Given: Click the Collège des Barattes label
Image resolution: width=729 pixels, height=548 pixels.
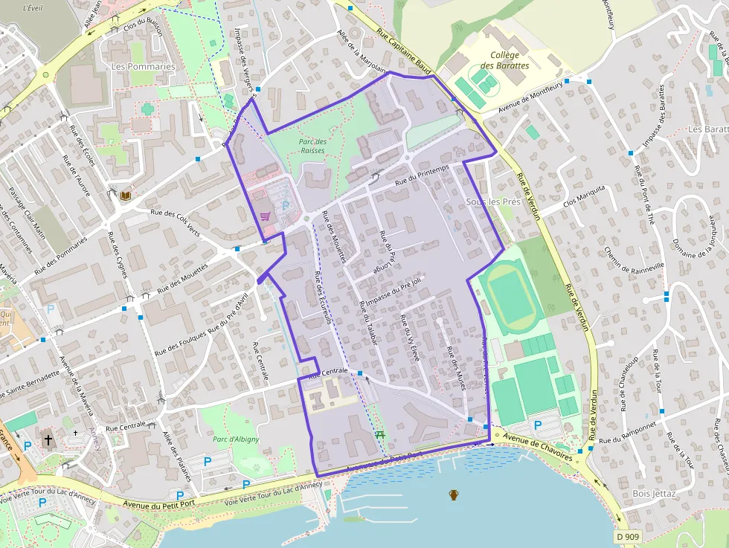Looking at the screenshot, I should point(510,60).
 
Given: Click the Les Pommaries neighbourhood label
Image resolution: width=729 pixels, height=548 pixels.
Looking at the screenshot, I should point(143,66).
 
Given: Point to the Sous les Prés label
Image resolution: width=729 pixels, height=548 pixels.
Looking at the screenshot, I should point(492,202).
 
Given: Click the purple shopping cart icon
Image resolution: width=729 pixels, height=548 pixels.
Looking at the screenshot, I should point(265,216).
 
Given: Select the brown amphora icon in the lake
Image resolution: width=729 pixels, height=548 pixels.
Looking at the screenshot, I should point(453,494).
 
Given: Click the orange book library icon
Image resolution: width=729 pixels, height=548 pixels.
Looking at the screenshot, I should point(125,196).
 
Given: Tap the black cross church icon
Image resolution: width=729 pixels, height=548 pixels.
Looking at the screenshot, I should point(48,439).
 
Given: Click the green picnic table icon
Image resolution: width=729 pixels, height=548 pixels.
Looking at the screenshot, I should point(381,433).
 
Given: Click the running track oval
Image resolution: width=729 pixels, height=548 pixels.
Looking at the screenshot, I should point(511,298).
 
